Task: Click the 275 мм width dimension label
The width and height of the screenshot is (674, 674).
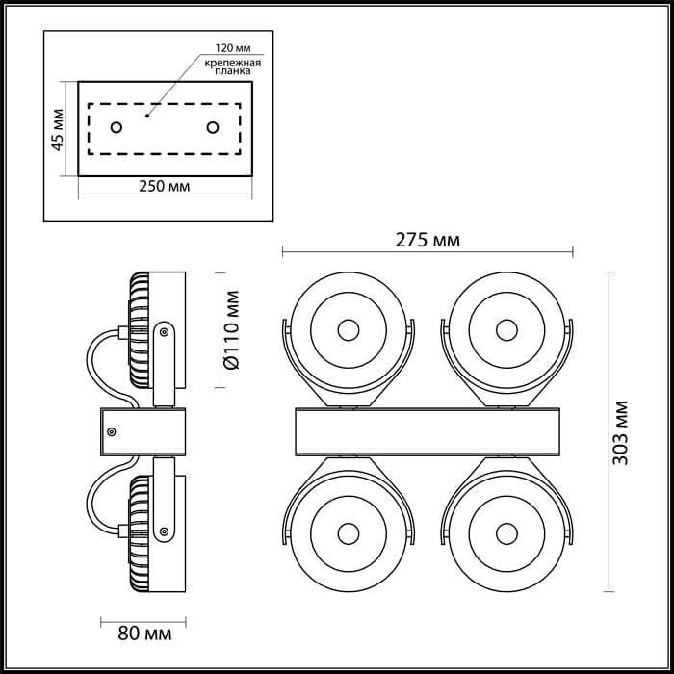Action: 428,240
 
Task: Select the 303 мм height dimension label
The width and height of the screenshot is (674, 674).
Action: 620,432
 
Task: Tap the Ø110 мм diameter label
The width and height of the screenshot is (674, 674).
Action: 231,329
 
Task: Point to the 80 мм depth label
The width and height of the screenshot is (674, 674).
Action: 144,634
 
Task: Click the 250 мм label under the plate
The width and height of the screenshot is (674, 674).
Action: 165,186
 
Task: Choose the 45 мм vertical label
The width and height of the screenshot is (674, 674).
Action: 57,129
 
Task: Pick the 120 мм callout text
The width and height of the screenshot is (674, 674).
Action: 233,48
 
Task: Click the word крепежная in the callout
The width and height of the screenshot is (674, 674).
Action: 233,63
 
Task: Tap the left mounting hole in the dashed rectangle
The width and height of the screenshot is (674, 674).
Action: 117,127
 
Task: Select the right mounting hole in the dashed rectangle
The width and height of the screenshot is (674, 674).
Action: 213,127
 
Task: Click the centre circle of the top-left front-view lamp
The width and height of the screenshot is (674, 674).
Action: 349,330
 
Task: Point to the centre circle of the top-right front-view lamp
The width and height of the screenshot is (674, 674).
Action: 506,330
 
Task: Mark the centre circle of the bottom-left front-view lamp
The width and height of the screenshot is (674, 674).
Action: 349,534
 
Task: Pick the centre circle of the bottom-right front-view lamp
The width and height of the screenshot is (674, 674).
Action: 506,534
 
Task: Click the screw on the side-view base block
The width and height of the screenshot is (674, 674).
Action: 112,432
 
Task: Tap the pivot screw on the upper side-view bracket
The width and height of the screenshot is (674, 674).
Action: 164,332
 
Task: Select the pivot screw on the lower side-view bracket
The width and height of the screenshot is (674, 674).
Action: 164,531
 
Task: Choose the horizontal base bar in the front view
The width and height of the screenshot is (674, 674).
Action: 428,432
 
